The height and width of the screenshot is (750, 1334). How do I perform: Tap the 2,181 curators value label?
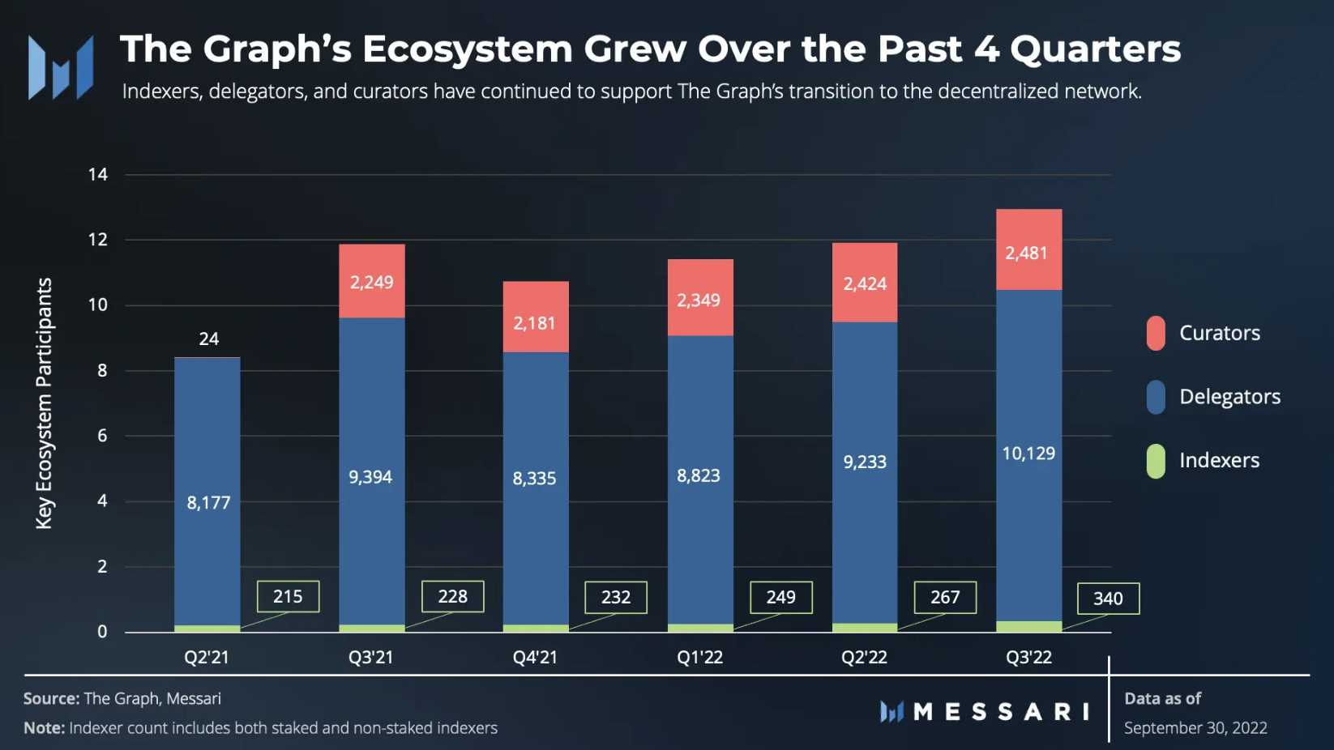coord(535,323)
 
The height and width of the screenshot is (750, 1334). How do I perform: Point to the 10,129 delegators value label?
coord(1028,454)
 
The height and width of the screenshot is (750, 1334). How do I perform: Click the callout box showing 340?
coord(1108,599)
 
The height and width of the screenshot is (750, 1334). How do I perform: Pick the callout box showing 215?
coord(288,597)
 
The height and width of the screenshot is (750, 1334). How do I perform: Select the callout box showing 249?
coord(780,597)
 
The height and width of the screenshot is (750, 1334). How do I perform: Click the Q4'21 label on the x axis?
coord(535,657)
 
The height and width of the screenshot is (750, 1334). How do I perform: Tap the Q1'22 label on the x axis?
coord(699,657)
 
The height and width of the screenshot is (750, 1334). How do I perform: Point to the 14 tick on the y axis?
coord(98,174)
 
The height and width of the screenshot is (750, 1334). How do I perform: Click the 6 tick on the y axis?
coord(102,436)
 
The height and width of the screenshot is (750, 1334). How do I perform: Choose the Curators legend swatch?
coord(1156,333)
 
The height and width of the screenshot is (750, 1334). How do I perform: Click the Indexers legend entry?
coord(1218,461)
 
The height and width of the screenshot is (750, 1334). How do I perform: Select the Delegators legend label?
coord(1229,397)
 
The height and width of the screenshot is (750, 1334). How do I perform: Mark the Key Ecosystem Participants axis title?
coord(44,403)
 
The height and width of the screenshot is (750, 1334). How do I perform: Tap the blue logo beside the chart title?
coord(61,67)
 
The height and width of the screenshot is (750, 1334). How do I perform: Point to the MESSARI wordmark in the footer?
coord(1000,712)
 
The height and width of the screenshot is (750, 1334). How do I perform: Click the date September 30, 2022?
coord(1195,728)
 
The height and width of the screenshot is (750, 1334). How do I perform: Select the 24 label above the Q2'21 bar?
coord(208,339)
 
